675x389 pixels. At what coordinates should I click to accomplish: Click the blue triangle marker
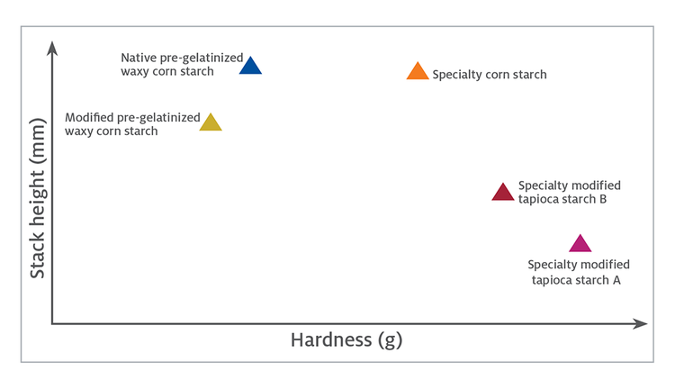(250, 66)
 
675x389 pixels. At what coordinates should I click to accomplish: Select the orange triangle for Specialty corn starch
(418, 72)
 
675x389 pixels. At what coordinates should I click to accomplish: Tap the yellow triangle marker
(211, 123)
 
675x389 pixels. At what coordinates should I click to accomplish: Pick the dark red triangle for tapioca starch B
(503, 193)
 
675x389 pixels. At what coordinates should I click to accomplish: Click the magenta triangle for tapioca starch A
(580, 244)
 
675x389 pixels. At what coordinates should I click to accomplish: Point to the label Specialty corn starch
(490, 75)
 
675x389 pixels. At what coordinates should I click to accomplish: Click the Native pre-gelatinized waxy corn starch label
(181, 65)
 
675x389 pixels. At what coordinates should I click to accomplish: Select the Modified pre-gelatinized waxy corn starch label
(132, 124)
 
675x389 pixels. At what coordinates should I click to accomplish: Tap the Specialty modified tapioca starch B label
(569, 192)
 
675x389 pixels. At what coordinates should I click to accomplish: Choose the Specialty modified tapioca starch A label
(578, 272)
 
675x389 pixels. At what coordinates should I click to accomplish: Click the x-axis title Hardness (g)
(346, 339)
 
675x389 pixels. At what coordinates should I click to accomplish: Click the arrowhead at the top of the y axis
(53, 46)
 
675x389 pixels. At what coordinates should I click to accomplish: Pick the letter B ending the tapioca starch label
(603, 199)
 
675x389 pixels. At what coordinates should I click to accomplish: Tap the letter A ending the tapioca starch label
(616, 280)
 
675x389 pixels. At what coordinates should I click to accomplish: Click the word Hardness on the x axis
(328, 339)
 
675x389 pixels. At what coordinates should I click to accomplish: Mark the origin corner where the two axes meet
(53, 322)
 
